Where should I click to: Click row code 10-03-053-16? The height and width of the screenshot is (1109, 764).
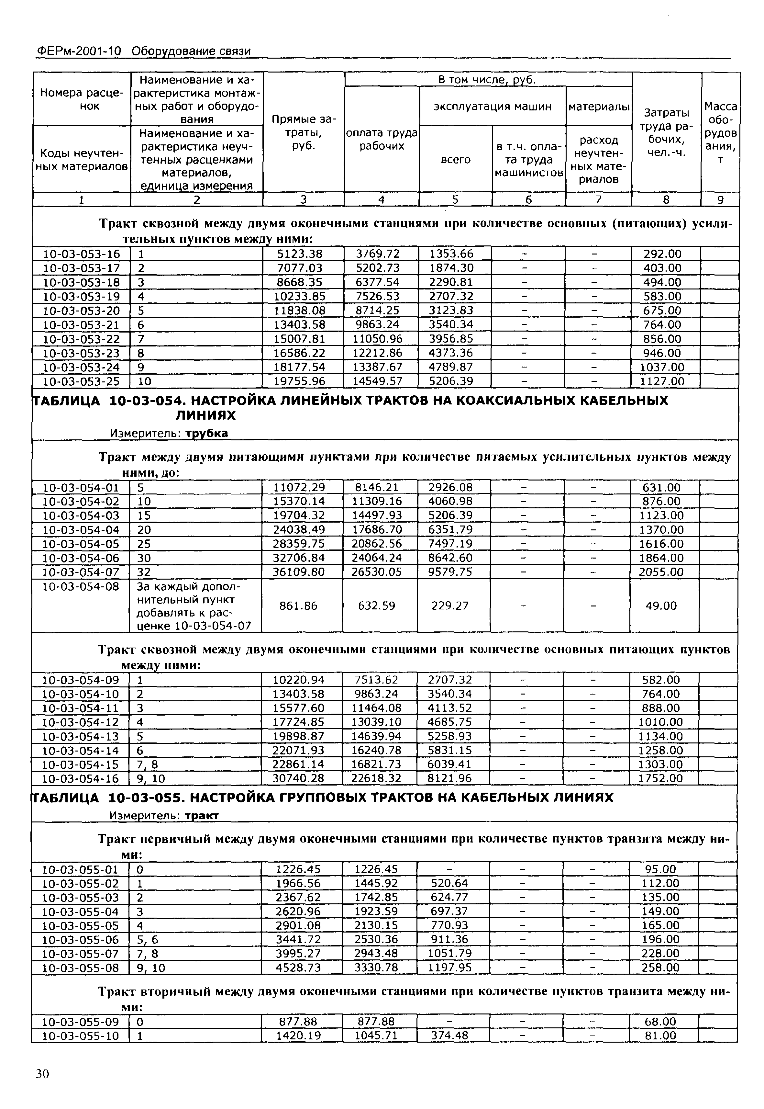(81, 254)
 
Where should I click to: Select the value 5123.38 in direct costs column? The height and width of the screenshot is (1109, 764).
(298, 254)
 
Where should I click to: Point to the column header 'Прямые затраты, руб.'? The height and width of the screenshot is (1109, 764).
(304, 132)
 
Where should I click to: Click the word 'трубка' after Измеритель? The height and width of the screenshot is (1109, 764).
(206, 433)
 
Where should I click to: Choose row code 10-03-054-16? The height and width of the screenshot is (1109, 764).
(81, 778)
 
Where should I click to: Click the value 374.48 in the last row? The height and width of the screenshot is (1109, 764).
(449, 1036)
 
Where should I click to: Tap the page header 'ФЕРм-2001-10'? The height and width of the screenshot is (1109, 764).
(79, 51)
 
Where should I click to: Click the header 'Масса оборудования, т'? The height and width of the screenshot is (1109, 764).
(720, 132)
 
